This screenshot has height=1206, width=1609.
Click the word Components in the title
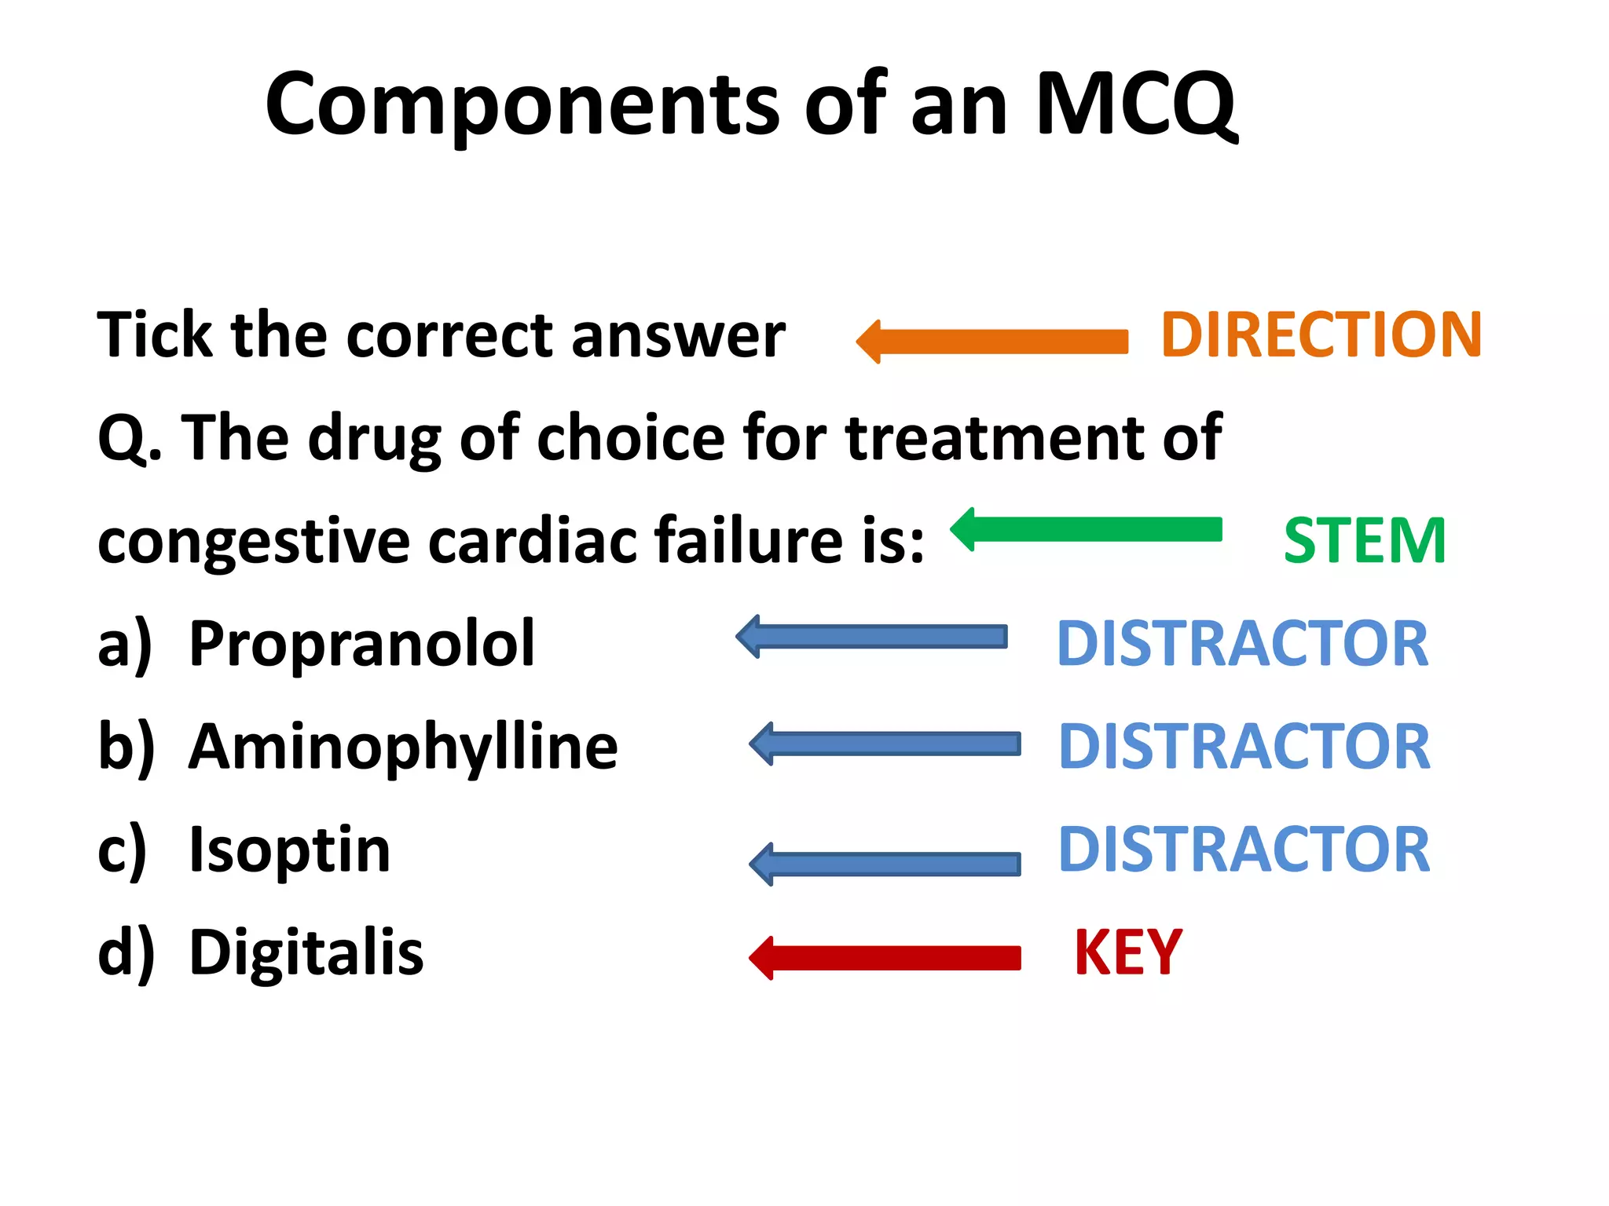click(x=522, y=106)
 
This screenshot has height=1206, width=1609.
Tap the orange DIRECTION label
click(x=1321, y=335)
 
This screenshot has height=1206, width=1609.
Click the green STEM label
click(x=1365, y=541)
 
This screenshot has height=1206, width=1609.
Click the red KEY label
click(x=1127, y=952)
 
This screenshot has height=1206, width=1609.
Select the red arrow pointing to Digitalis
click(x=886, y=958)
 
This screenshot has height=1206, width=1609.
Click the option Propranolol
click(x=362, y=644)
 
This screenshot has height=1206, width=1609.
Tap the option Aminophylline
click(x=403, y=747)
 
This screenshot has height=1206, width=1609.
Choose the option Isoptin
click(x=290, y=850)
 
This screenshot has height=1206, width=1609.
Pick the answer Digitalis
click(x=306, y=953)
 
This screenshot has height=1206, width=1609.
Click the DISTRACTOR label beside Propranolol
click(x=1242, y=644)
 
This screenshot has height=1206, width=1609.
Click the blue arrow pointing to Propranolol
click(x=873, y=637)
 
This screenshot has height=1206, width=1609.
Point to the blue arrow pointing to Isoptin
click(x=886, y=864)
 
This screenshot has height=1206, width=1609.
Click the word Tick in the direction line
click(x=154, y=335)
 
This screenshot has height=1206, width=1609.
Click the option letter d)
click(x=126, y=953)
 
